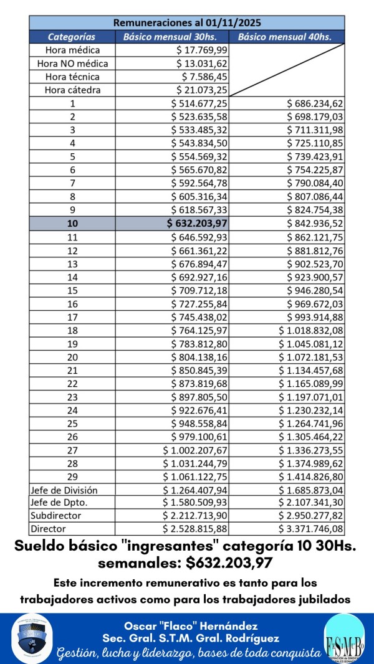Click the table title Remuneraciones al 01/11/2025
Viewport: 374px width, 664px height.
(x=187, y=22)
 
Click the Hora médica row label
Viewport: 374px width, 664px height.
(x=72, y=50)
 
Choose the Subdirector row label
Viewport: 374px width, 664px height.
(x=56, y=516)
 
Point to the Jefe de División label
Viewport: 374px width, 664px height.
(x=64, y=490)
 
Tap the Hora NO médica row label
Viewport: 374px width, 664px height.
(x=72, y=64)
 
